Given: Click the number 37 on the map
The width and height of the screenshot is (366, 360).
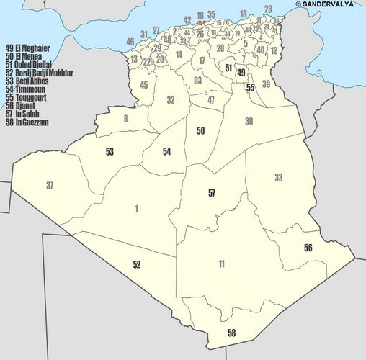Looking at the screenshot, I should coord(50,186).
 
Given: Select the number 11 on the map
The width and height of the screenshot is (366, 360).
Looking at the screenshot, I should coord(222,265).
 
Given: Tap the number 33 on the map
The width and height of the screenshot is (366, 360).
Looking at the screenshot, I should coord(278,178).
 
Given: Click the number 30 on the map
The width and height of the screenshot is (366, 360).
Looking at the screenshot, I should coord(249,122).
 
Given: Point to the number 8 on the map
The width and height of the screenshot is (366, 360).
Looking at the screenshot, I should coord(126,118).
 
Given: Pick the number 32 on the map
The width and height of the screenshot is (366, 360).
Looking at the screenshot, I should coord(171,100).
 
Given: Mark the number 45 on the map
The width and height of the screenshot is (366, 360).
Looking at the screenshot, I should coord(144,85).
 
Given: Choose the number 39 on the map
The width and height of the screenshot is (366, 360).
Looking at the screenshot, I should coord(267,84).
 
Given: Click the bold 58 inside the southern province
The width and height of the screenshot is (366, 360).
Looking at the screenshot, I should coord(231,333).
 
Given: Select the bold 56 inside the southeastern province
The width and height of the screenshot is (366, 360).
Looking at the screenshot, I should coord(308,248).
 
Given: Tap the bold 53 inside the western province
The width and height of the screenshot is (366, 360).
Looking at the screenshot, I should coord(110,152).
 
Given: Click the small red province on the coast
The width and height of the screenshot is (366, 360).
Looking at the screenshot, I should coord(200,22).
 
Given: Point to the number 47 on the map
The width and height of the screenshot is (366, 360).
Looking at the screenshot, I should coord(211,99).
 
